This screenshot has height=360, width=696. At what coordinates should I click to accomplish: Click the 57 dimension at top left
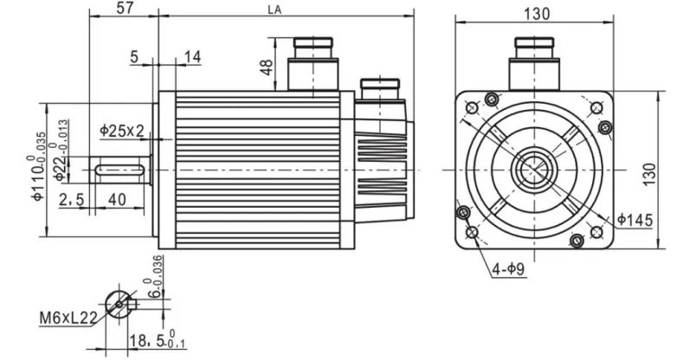point(124,10)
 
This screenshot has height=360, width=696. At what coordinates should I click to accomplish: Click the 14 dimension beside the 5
point(191,56)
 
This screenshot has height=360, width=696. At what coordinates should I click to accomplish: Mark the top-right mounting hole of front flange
point(596,107)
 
